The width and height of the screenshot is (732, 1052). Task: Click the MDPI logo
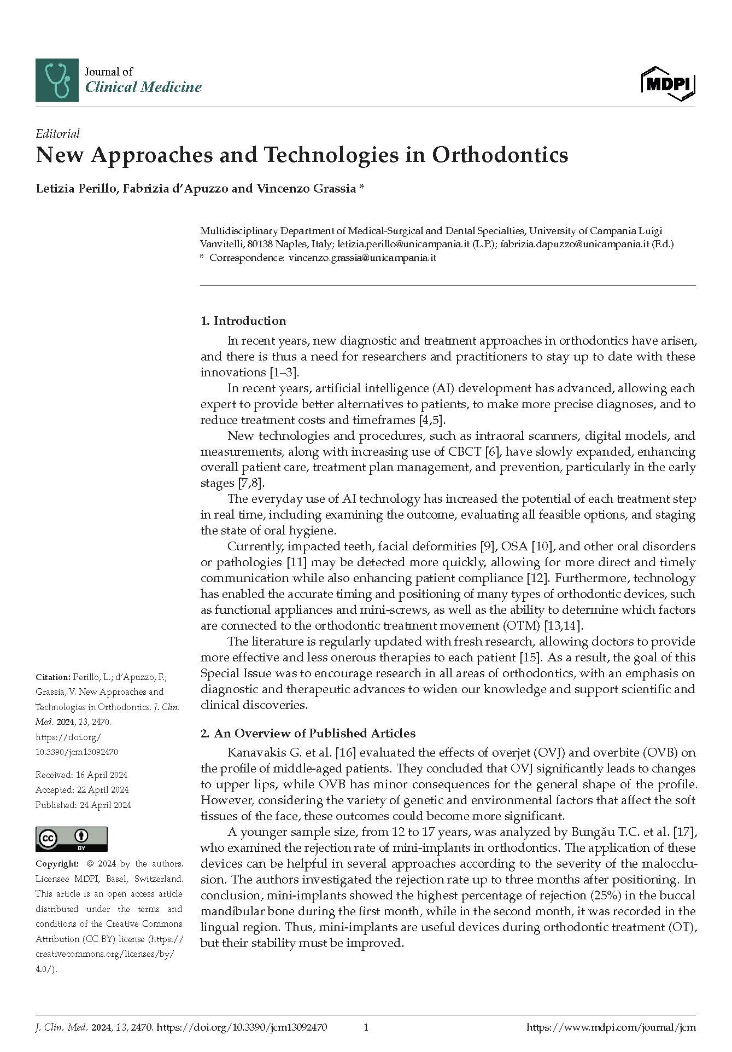pyautogui.click(x=667, y=84)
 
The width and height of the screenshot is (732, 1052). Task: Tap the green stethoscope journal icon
pyautogui.click(x=57, y=80)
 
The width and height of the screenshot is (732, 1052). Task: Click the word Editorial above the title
pyautogui.click(x=57, y=133)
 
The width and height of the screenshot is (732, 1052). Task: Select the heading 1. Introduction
pyautogui.click(x=243, y=321)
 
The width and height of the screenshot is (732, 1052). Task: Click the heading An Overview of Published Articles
pyautogui.click(x=314, y=733)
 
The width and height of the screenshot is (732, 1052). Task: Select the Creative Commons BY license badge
pyautogui.click(x=71, y=839)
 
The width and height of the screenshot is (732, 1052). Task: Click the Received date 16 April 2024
pyautogui.click(x=81, y=775)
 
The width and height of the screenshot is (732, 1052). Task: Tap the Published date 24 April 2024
pyautogui.click(x=83, y=805)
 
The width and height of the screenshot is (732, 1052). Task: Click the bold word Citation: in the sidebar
pyautogui.click(x=53, y=677)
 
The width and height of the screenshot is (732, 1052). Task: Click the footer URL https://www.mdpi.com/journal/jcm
pyautogui.click(x=611, y=1027)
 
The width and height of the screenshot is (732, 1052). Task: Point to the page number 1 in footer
pyautogui.click(x=366, y=1027)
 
